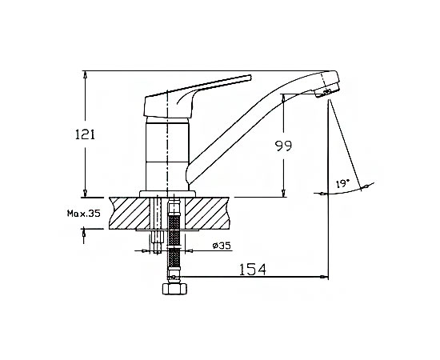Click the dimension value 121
tap(85, 134)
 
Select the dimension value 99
tap(283, 146)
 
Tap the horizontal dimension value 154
tap(252, 270)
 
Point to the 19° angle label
tap(342, 184)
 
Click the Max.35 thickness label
tap(84, 214)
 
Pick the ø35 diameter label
tap(222, 246)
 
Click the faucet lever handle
tap(197, 96)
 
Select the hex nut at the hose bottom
tap(174, 289)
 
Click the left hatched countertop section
tap(130, 213)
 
